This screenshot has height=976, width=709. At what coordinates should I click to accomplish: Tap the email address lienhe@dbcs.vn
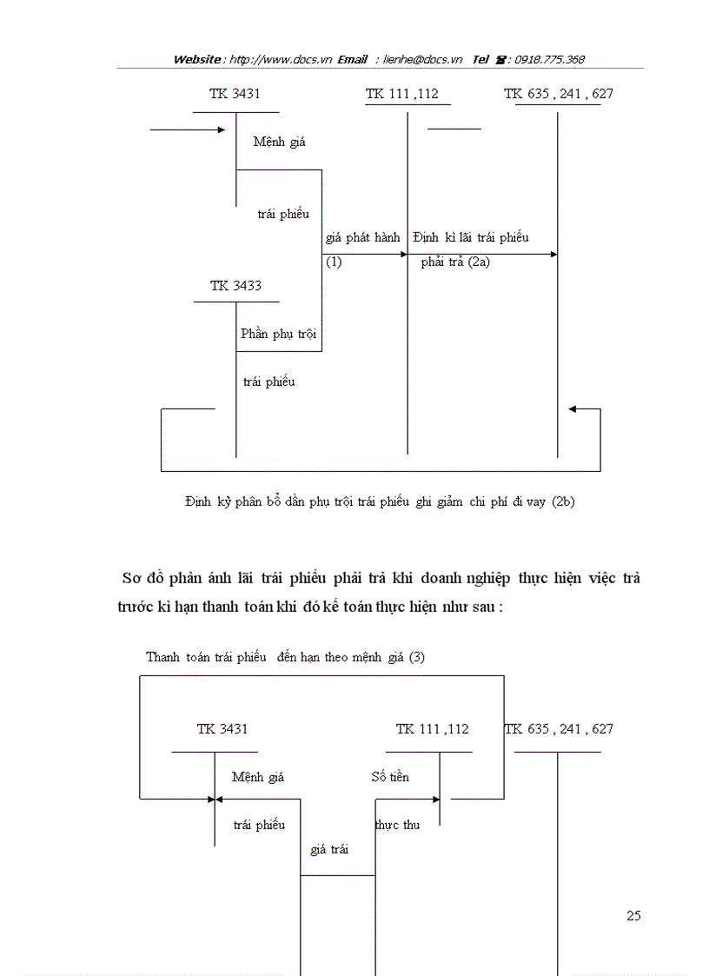(422, 60)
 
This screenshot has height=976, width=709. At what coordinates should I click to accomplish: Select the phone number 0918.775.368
(549, 60)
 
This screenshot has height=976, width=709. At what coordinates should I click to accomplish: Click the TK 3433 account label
(235, 285)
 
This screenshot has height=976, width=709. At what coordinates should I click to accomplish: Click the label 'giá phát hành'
(362, 237)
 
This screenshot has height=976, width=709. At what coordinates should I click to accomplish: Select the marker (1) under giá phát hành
(334, 262)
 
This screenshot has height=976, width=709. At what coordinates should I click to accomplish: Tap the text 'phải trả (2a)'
(455, 262)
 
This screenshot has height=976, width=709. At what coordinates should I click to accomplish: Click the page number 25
(633, 915)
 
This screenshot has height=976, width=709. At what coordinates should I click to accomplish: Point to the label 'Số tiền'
(390, 776)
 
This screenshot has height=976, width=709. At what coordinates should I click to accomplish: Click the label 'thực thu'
(398, 825)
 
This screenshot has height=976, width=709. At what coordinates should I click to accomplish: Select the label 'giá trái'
(329, 849)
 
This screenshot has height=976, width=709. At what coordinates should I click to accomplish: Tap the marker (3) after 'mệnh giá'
(416, 657)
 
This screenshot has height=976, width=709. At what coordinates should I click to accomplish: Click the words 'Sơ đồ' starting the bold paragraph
(141, 578)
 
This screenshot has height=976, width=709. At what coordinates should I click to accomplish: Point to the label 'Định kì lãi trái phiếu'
(471, 237)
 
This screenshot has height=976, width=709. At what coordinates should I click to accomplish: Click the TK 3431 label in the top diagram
(235, 94)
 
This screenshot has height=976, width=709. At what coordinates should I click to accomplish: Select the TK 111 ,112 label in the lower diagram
(432, 729)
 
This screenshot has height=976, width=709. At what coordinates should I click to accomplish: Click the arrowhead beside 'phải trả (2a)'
(553, 255)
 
